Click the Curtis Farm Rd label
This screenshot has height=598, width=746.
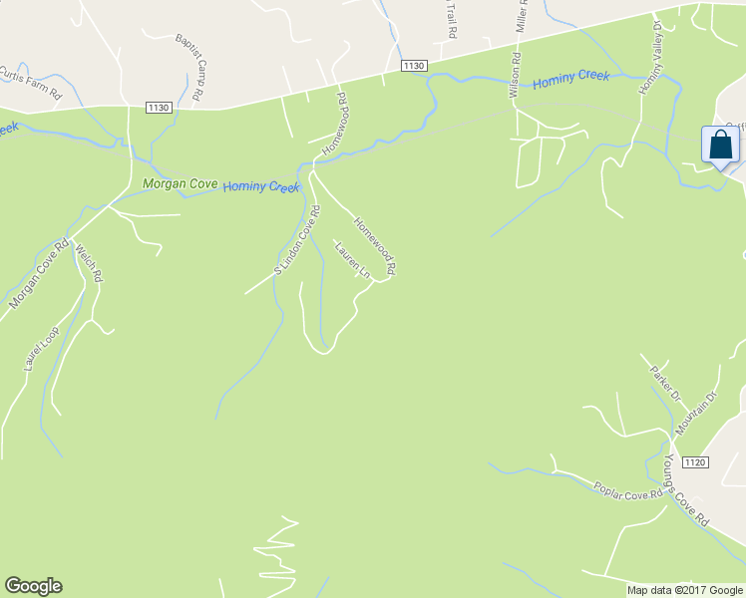pos(31,79)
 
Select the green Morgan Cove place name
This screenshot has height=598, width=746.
pos(179,183)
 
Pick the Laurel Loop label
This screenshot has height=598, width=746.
pos(41,349)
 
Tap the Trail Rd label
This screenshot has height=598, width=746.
pos(451,18)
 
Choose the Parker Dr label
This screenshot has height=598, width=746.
pos(664,383)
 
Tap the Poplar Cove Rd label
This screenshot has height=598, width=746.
pos(627,491)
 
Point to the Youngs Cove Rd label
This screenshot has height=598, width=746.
pos(686,491)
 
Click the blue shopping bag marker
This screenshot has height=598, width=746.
pos(720,146)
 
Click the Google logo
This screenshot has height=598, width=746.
pos(33,586)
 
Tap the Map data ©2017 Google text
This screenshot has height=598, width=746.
pos(685,590)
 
